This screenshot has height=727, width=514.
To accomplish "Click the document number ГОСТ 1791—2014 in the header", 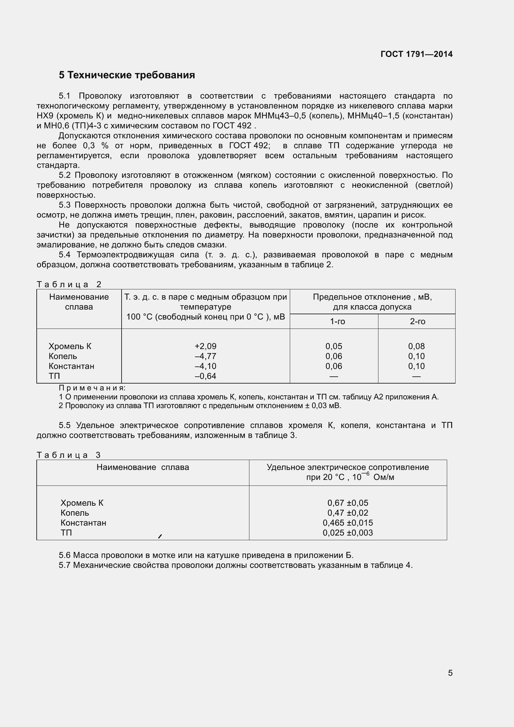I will point(416,54).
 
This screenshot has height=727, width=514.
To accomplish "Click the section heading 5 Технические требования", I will point(127,75).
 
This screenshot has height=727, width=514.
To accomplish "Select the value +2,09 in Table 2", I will point(206,346).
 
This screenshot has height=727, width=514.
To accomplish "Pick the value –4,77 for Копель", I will point(206,356).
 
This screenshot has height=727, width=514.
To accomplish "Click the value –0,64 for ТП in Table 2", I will point(206,376).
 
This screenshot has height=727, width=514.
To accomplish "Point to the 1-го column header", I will point(337,321).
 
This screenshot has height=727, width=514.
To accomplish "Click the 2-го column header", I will point(417,321).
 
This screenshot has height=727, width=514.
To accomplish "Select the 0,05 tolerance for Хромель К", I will point(334,346).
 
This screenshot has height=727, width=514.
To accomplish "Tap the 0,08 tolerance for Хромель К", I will point(416,346).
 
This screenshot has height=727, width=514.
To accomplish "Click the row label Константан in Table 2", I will point(71,366).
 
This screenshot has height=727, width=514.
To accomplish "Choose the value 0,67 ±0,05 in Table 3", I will point(348,503).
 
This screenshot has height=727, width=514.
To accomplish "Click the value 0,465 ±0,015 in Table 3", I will point(348,523).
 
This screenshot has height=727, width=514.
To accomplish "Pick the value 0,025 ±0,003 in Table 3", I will point(348,533).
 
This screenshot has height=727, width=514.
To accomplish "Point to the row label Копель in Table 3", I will point(75,513).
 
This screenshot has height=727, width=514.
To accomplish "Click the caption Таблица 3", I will point(68,455).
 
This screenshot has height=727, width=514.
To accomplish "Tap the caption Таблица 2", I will point(68,284).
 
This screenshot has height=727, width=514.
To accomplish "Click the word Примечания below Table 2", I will point(92,388).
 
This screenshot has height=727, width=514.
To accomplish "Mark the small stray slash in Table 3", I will point(160,536).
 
